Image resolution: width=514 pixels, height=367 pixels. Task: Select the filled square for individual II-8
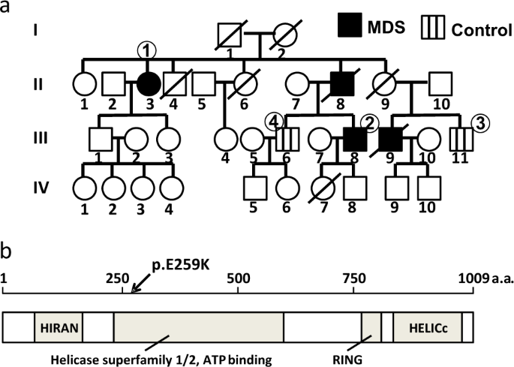(x=341, y=84)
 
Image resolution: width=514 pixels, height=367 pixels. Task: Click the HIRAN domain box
(x=59, y=328)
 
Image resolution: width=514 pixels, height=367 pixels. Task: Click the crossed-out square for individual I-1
(x=227, y=35)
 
